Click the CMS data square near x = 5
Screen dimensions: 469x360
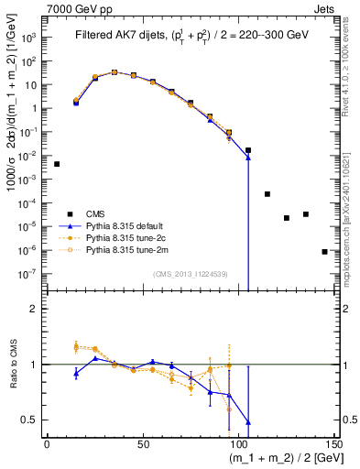[x=57, y=164]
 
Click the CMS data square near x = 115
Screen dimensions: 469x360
[x=267, y=194]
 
